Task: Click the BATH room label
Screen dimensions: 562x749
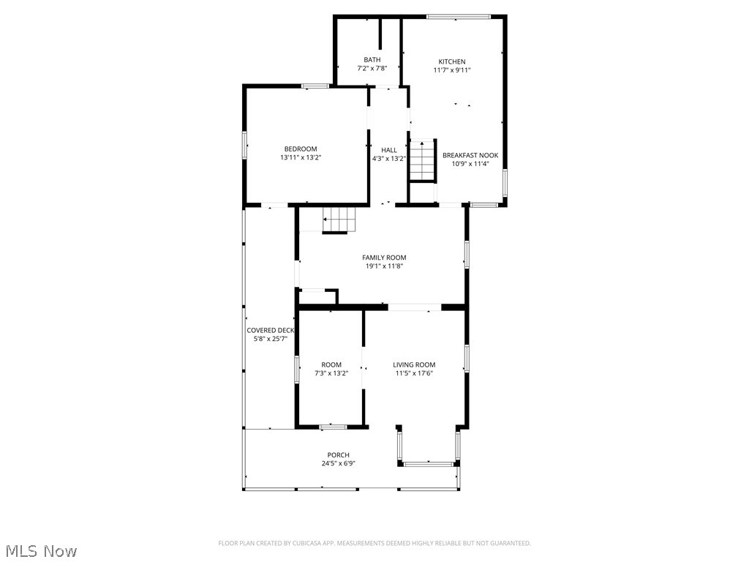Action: pyautogui.click(x=372, y=60)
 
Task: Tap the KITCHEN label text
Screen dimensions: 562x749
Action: pyautogui.click(x=451, y=61)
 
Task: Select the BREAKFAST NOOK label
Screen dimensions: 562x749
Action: pyautogui.click(x=470, y=155)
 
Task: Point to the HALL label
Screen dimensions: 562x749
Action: pyautogui.click(x=388, y=150)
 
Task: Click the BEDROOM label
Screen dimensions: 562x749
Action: pyautogui.click(x=301, y=149)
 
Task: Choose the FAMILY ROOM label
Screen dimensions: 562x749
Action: pyautogui.click(x=384, y=258)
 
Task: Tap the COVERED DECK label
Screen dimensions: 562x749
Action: pyautogui.click(x=270, y=330)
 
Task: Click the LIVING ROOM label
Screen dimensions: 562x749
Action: pyautogui.click(x=414, y=364)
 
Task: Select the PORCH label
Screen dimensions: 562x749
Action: pyautogui.click(x=338, y=455)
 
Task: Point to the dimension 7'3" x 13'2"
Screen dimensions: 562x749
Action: pyautogui.click(x=331, y=373)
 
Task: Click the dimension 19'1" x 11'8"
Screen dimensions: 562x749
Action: pyautogui.click(x=384, y=266)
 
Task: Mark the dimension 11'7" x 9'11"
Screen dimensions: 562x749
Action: pyautogui.click(x=451, y=70)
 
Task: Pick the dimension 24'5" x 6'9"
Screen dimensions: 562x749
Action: pyautogui.click(x=338, y=463)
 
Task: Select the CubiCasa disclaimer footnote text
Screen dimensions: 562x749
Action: pyautogui.click(x=374, y=543)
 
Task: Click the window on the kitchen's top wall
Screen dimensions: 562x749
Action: pyautogui.click(x=459, y=16)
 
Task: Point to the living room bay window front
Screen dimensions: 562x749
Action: pyautogui.click(x=429, y=463)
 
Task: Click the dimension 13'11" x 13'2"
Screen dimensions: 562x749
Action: pyautogui.click(x=301, y=157)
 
